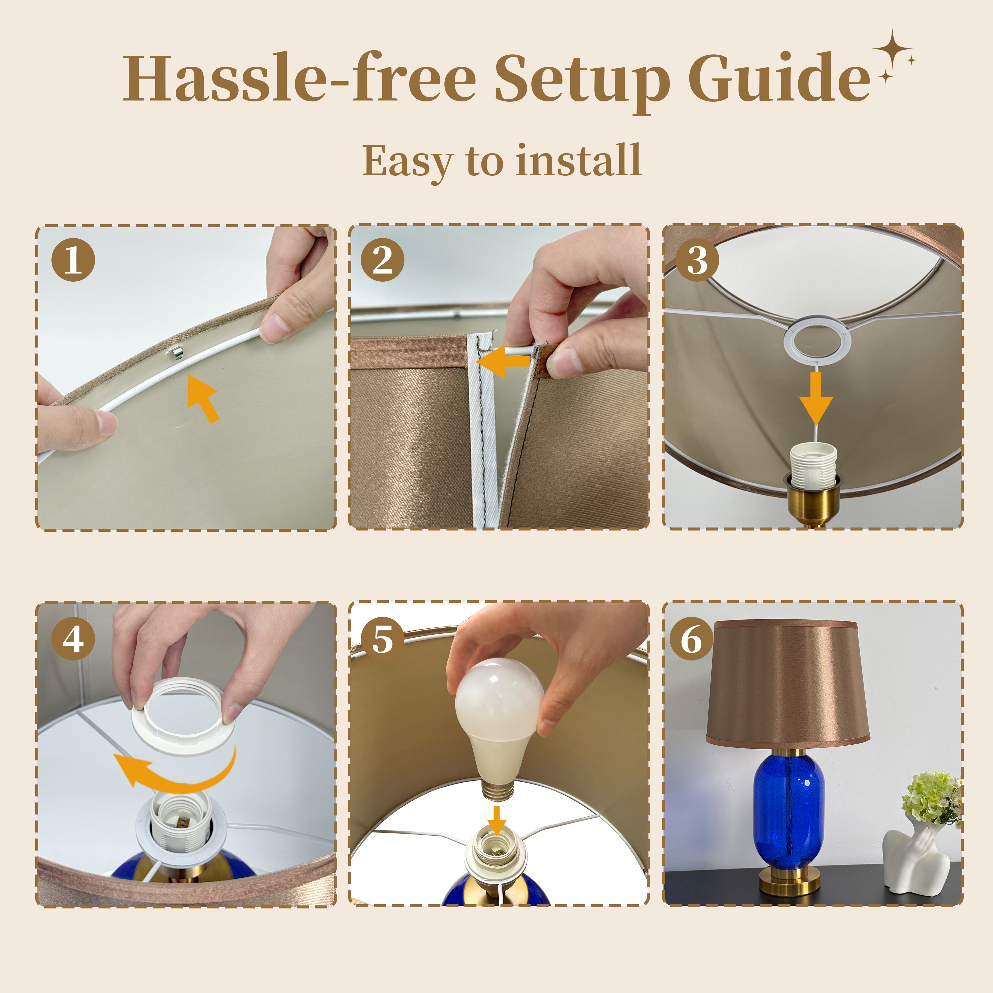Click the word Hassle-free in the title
click(300, 77)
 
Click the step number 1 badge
click(73, 260)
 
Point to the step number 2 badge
click(382, 260)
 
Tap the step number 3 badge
click(697, 260)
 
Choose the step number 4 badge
click(73, 639)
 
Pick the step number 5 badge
click(382, 639)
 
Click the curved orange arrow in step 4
click(175, 771)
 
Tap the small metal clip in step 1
click(176, 353)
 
